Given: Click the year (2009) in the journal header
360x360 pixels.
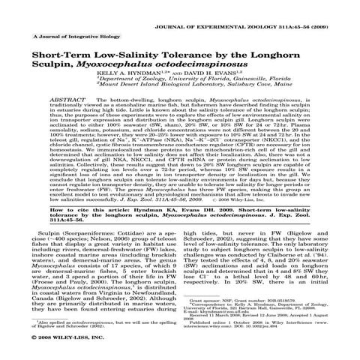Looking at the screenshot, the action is coord(336,13).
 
